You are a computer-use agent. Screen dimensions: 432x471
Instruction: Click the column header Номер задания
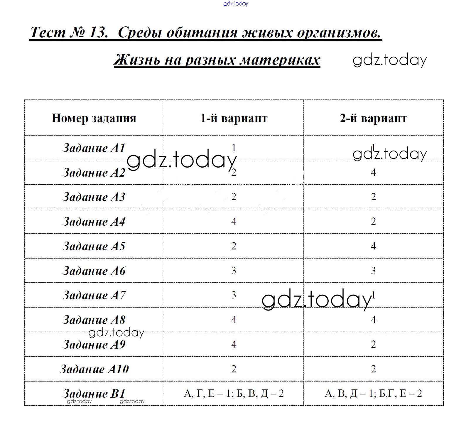(94, 118)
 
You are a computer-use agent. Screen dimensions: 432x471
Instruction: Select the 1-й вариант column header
(234, 118)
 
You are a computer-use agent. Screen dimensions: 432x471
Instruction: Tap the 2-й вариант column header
(373, 118)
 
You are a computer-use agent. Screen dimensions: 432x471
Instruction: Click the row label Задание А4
(94, 222)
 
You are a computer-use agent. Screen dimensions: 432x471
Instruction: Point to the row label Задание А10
(94, 369)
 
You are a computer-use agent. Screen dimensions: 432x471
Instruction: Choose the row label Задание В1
(94, 394)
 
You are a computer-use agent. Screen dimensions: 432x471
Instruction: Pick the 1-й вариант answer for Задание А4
(234, 221)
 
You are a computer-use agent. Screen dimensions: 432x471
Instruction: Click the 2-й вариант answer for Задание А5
(373, 246)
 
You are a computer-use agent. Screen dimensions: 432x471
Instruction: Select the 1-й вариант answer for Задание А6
(234, 271)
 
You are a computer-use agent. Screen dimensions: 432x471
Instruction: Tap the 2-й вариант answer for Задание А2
(373, 172)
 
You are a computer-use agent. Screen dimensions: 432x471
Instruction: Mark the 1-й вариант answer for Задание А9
(234, 344)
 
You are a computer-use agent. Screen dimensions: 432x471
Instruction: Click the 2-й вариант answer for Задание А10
(373, 369)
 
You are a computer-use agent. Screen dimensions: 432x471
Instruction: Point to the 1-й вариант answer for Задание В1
(234, 394)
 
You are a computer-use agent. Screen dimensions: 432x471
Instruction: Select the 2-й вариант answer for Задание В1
(373, 394)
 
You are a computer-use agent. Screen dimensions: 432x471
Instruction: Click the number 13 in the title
(98, 32)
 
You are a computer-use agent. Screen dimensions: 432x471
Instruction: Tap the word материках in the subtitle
(280, 60)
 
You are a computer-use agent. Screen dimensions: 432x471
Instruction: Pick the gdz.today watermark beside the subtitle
(389, 60)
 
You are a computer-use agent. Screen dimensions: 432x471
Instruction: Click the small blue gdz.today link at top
(236, 4)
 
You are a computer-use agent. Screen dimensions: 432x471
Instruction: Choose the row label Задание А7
(94, 295)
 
